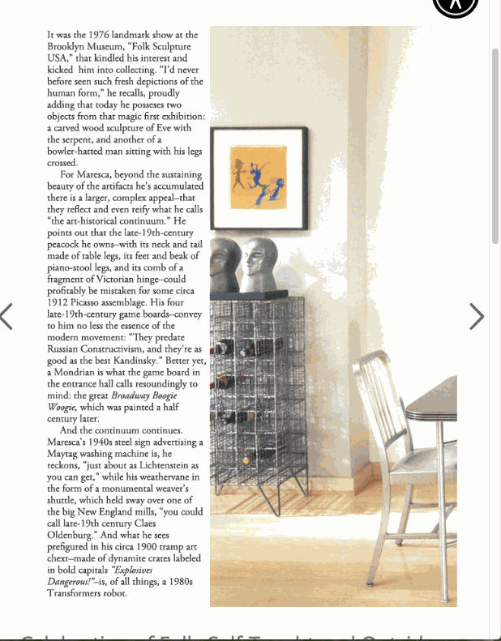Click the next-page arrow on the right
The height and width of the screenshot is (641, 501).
(477, 317)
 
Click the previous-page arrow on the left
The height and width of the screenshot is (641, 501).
(6, 317)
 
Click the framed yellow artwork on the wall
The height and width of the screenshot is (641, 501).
(259, 178)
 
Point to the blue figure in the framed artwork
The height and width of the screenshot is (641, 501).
(264, 183)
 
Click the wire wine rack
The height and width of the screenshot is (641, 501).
(258, 389)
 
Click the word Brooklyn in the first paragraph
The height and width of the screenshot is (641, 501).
(66, 47)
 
